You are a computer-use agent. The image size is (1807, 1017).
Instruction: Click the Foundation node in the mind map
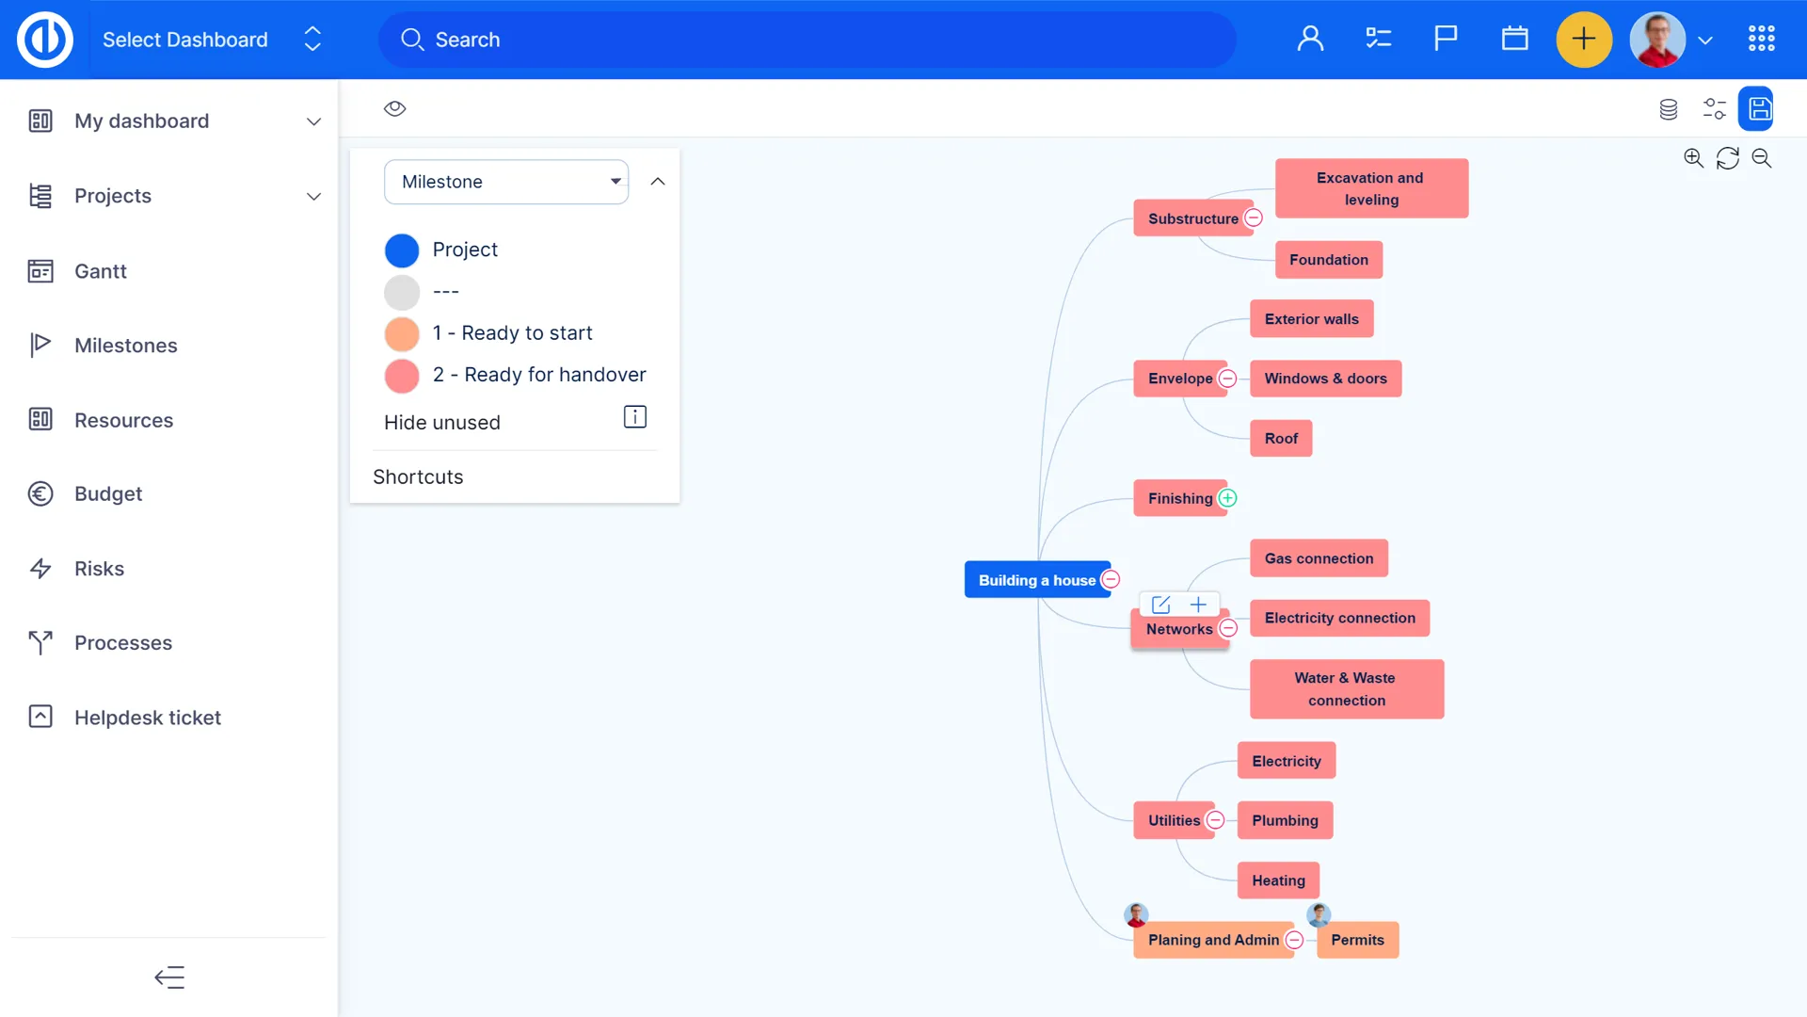point(1328,260)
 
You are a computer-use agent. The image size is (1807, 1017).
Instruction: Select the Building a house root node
point(1035,580)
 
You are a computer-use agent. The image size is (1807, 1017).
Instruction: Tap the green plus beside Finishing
point(1227,498)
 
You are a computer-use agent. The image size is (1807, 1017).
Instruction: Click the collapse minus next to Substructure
point(1254,218)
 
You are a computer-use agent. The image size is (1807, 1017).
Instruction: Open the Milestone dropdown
point(506,182)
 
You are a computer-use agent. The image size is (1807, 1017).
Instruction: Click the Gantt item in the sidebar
point(100,271)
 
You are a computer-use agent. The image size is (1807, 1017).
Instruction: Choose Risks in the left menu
point(99,569)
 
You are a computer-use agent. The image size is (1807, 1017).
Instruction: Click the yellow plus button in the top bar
point(1583,40)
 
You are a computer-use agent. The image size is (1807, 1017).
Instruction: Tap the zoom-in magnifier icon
point(1693,158)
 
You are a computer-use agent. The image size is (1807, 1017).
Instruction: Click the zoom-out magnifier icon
point(1762,158)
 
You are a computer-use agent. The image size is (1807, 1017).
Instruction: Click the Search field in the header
point(808,40)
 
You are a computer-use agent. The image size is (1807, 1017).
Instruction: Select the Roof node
point(1280,439)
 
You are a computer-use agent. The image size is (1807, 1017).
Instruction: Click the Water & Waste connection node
point(1346,689)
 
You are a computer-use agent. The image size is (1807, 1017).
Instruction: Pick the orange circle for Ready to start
point(402,333)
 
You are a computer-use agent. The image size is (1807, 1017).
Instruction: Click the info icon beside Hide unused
point(635,417)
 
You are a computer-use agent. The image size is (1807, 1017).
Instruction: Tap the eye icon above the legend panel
point(395,108)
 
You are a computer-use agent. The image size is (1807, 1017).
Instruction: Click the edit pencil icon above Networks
point(1161,605)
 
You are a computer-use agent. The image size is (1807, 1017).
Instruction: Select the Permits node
point(1357,940)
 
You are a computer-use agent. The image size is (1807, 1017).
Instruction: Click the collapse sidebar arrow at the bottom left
point(169,977)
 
